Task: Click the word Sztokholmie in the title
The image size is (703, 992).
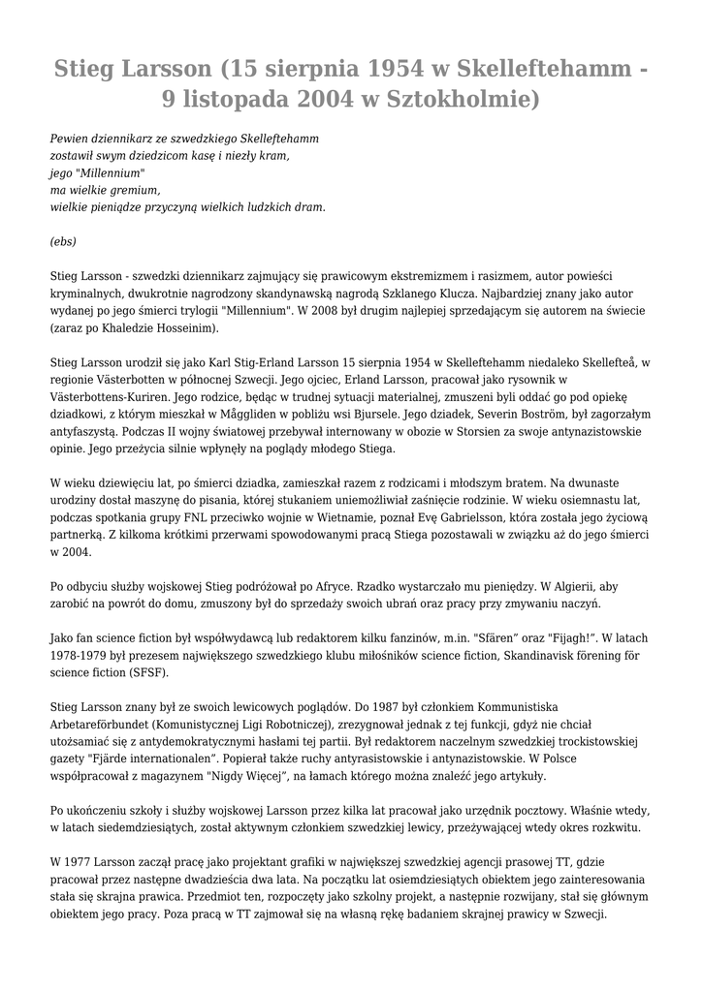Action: click(461, 98)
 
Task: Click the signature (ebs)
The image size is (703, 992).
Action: click(63, 241)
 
